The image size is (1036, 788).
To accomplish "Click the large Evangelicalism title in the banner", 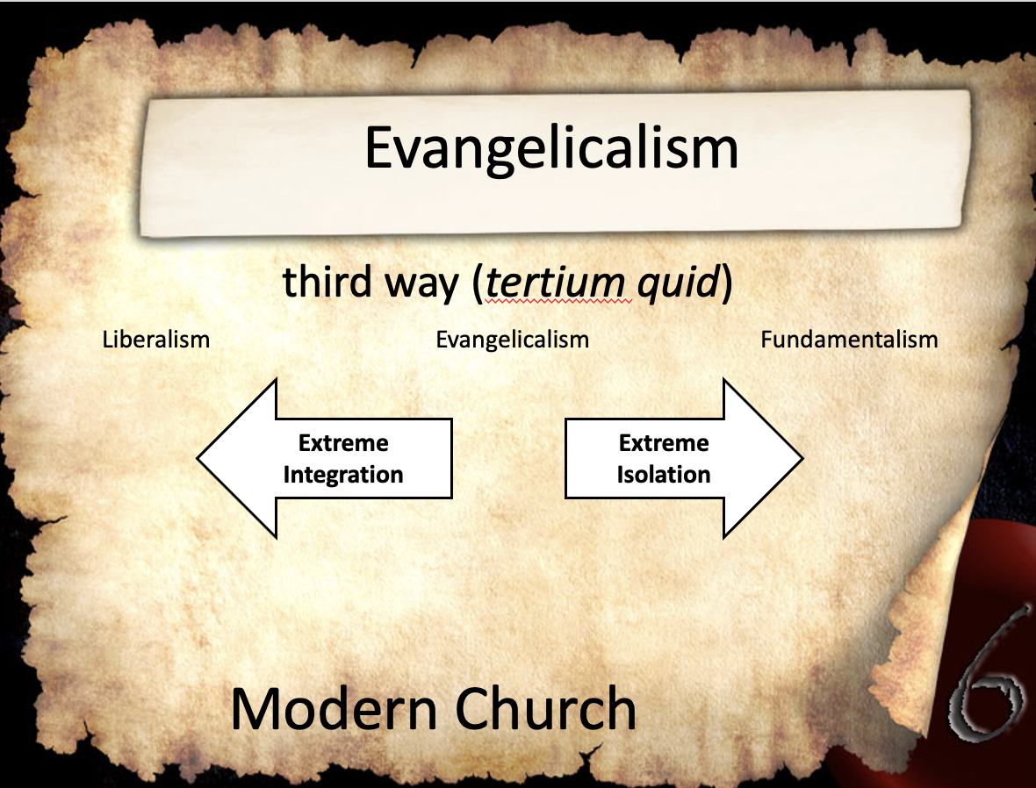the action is click(x=551, y=149).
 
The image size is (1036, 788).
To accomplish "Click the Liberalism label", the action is click(x=156, y=340).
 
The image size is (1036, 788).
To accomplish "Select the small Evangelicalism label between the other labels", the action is click(x=512, y=340).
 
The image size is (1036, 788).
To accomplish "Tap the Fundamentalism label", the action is click(x=849, y=340).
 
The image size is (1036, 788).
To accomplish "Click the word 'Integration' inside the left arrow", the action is click(x=343, y=474).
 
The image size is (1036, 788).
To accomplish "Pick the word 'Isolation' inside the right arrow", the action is click(x=664, y=474).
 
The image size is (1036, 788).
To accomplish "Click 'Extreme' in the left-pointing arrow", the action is click(x=343, y=442).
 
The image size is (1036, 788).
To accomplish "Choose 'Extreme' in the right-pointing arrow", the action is click(x=664, y=442).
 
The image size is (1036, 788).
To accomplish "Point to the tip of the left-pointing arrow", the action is click(x=198, y=458).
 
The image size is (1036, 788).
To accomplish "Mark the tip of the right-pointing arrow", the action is click(x=802, y=458).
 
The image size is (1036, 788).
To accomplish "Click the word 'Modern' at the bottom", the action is click(x=334, y=708).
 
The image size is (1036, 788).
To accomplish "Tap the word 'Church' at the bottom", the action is click(x=545, y=708).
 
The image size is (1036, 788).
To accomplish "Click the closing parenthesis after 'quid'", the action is click(x=726, y=284).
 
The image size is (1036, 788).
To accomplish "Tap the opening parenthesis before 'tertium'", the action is click(x=478, y=284).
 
